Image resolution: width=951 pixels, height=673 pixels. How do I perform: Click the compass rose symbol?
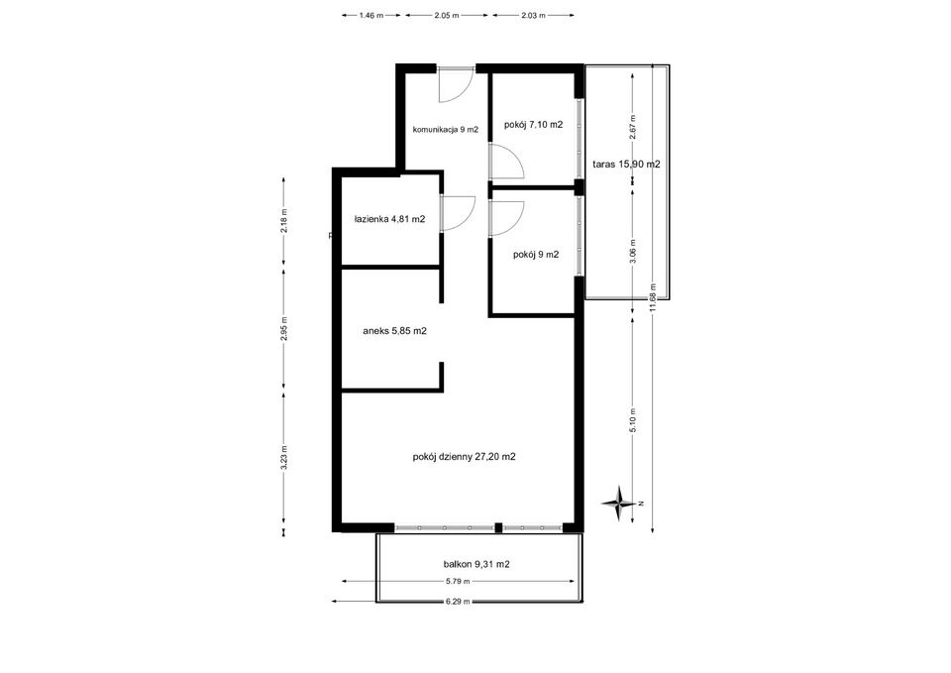click(619, 504)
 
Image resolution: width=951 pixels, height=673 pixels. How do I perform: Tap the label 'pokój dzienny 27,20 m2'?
click(464, 457)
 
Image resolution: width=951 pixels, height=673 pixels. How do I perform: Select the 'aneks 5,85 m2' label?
click(394, 331)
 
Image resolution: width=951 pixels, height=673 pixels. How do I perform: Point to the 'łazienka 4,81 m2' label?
click(389, 219)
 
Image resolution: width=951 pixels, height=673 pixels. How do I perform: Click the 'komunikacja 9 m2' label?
click(446, 129)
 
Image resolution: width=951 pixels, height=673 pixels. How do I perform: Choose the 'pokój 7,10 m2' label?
click(534, 125)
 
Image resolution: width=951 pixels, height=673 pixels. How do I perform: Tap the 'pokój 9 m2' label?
click(536, 255)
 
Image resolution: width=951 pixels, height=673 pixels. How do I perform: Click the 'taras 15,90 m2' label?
click(626, 164)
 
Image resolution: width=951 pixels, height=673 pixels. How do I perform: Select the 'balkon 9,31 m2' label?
click(476, 564)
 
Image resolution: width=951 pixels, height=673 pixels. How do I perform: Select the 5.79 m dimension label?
click(458, 582)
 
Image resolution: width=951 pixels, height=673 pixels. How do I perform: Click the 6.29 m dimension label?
click(458, 602)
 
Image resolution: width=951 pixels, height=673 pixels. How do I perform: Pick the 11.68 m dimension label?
click(653, 298)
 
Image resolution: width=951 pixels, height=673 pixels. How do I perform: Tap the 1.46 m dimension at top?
click(371, 15)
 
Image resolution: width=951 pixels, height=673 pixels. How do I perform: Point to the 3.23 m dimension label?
click(284, 458)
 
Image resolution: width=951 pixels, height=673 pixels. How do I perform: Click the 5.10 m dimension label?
click(633, 420)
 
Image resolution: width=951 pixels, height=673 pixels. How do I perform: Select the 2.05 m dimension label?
click(447, 15)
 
